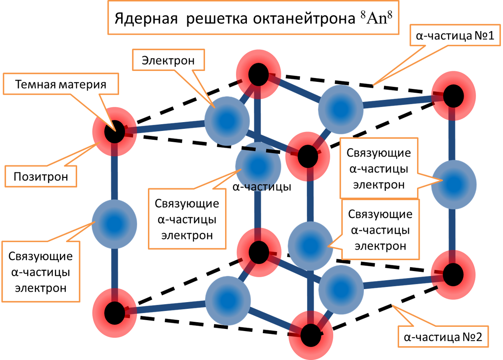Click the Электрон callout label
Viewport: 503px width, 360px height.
point(168,60)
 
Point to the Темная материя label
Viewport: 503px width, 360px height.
point(60,84)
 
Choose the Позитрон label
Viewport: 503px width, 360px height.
point(41,176)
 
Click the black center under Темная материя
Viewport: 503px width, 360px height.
point(114,133)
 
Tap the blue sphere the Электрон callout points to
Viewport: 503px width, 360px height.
point(227,120)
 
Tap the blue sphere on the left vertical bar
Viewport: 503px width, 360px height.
point(114,223)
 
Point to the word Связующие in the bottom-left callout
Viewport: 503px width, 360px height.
point(41,256)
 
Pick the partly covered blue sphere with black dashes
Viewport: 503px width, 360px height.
point(257,166)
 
